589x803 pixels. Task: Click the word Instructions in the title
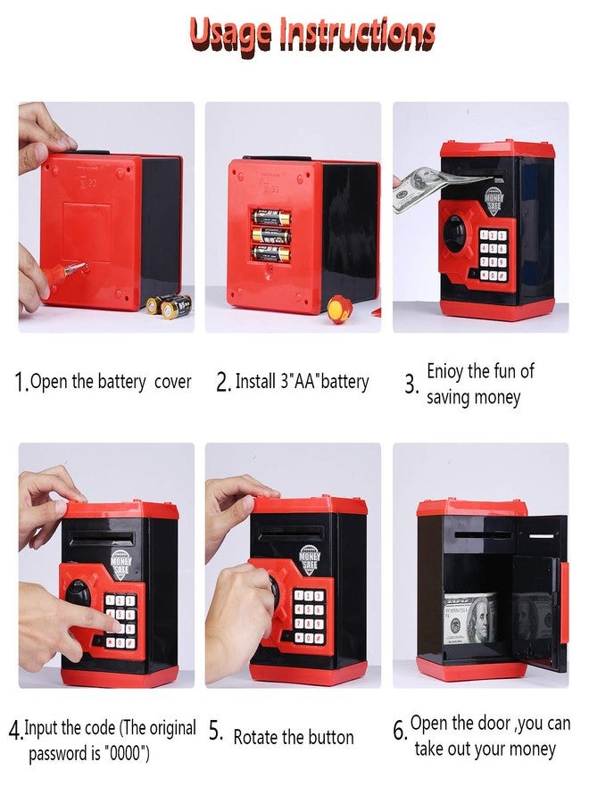point(357,33)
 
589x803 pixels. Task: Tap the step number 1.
point(21,383)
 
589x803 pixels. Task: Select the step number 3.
point(411,385)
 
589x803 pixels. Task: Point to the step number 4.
point(15,731)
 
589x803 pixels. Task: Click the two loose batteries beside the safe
point(169,305)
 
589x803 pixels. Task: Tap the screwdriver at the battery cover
point(67,269)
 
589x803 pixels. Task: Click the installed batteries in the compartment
point(270,235)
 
